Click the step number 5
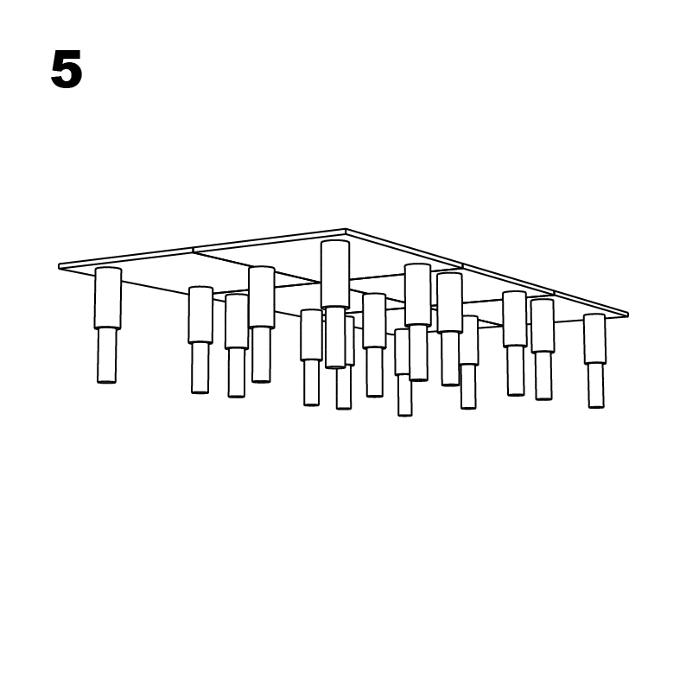pos(67,70)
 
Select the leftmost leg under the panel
pos(107,324)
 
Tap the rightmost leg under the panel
pos(594,359)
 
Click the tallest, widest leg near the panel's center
pos(334,302)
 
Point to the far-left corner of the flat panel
pos(60,266)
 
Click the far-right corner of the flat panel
pos(626,314)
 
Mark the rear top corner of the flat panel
pos(346,231)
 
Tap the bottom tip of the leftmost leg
pos(106,380)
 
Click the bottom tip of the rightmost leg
pos(595,405)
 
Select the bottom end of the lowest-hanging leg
pos(404,414)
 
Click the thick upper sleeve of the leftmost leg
pos(108,298)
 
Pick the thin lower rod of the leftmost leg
pos(106,354)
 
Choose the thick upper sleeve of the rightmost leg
pos(594,339)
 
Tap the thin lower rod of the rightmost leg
pos(595,385)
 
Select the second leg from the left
pos(200,339)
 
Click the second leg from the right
pos(543,348)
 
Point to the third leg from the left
pos(237,344)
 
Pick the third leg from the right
pos(515,342)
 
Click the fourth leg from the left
pos(262,322)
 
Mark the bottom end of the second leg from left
pos(200,391)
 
